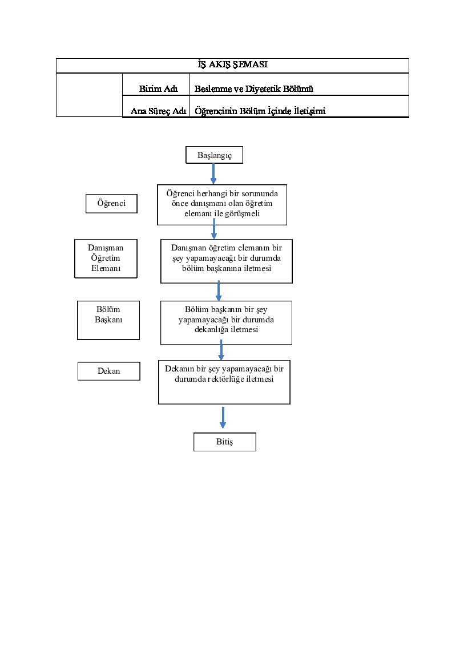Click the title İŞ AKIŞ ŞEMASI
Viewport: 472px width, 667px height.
click(232, 64)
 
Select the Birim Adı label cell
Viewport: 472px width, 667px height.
click(156, 84)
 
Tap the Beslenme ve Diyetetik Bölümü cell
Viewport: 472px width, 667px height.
click(299, 84)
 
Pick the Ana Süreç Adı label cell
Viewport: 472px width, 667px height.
click(156, 106)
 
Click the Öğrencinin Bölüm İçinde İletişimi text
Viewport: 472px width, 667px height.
click(260, 111)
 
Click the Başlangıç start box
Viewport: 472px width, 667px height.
click(215, 155)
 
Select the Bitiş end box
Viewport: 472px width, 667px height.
click(225, 442)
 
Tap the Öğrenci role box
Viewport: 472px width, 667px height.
click(111, 203)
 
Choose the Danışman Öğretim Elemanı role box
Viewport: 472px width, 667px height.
click(106, 258)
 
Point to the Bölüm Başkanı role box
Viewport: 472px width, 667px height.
click(108, 320)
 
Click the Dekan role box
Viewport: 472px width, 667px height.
click(109, 371)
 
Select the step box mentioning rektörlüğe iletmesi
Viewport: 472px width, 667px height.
click(224, 382)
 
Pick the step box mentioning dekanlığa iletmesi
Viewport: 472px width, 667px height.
click(227, 323)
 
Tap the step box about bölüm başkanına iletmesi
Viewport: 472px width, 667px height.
click(227, 261)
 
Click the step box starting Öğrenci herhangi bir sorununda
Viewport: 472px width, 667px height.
click(222, 205)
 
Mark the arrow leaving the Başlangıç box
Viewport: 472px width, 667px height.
click(213, 174)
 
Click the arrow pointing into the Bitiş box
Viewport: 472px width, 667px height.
click(223, 418)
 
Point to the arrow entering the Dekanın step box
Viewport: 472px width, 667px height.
click(221, 350)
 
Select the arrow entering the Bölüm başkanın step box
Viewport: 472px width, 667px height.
click(219, 290)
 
